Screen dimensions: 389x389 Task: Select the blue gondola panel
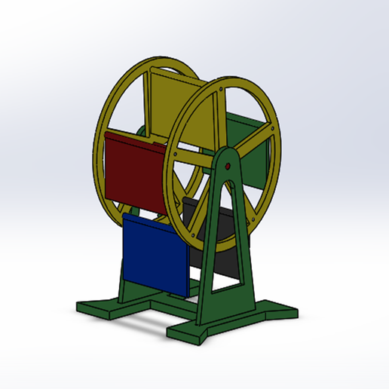click(155, 255)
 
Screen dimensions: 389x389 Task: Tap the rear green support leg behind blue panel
click(124, 278)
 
